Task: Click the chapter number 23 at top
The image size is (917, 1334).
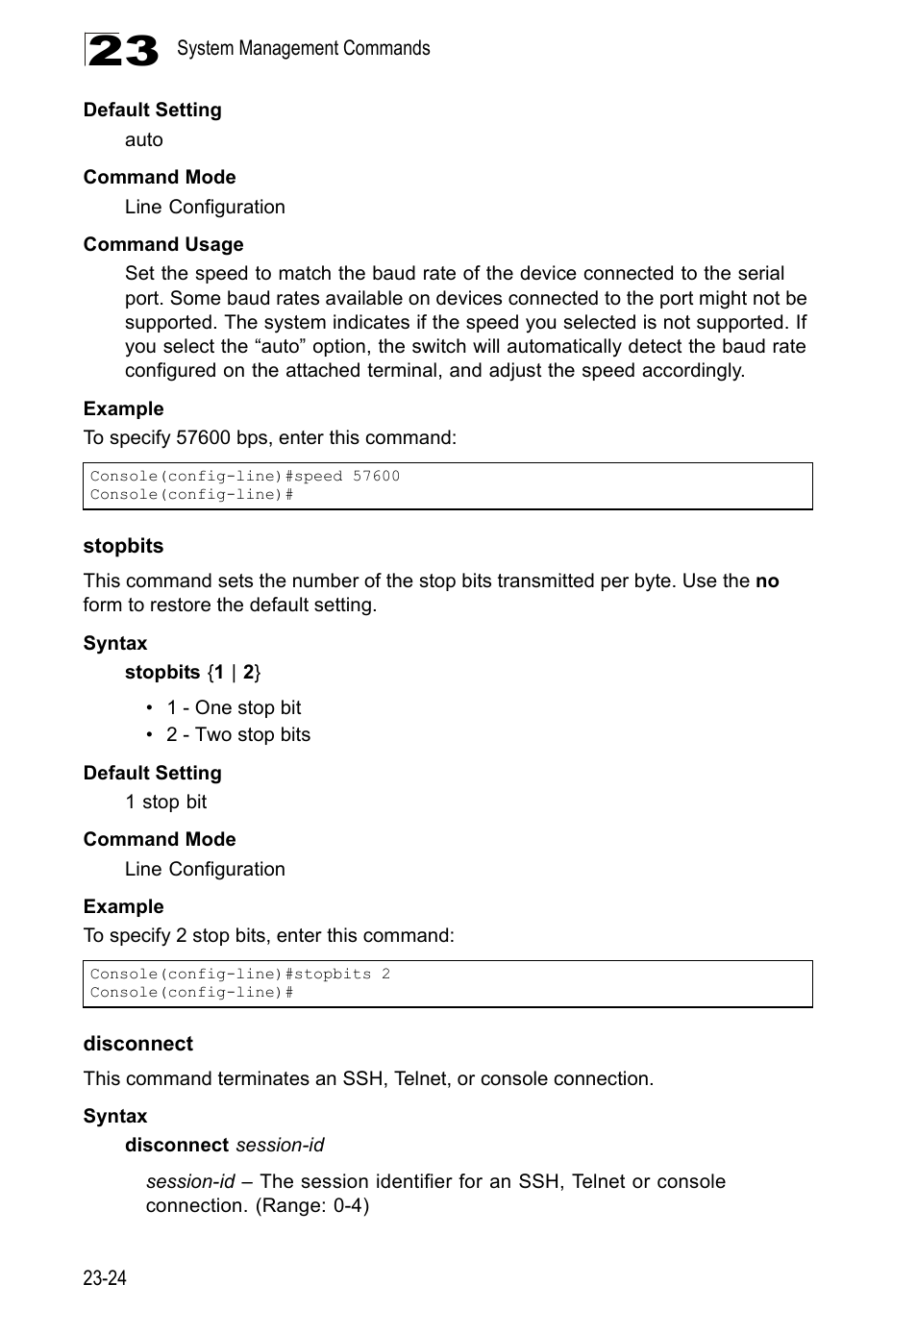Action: tap(121, 50)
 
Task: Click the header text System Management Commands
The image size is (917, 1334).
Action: tap(303, 48)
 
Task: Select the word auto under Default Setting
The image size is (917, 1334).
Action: tap(143, 139)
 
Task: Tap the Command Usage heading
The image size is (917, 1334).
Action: tap(163, 244)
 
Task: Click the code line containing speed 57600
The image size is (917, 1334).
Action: tap(245, 476)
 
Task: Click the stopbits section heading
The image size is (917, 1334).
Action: tap(123, 546)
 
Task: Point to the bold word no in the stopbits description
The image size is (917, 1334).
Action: tap(766, 581)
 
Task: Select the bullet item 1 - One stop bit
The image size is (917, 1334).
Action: tap(234, 707)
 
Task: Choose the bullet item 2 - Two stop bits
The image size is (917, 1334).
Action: tap(238, 734)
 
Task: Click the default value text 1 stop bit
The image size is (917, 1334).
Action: tap(165, 802)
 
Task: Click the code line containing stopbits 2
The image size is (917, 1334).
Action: tap(240, 974)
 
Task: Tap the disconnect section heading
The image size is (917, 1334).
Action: tap(137, 1044)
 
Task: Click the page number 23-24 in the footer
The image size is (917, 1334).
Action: tap(105, 1277)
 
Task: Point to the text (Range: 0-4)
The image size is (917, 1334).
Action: tap(311, 1205)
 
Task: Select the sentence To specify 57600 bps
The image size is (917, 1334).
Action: tap(269, 437)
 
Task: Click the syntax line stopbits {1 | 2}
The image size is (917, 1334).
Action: tap(192, 672)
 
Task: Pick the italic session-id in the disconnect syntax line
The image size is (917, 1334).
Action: tap(280, 1145)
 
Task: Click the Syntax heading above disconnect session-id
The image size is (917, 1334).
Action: tap(115, 1116)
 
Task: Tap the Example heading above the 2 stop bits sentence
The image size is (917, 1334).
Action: tap(123, 906)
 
